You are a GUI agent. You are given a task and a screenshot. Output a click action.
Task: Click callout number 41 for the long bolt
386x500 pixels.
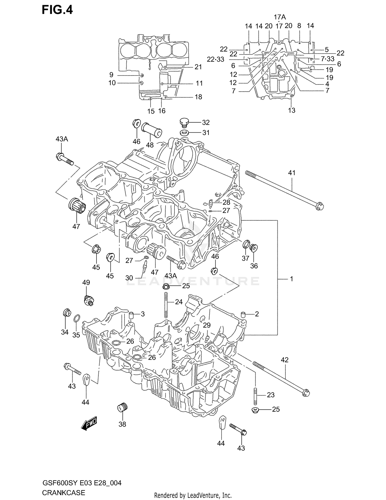[x=292, y=173]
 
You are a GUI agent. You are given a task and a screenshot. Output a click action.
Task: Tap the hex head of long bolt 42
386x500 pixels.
[x=306, y=393]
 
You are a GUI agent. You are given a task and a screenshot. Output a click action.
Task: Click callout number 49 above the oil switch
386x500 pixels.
[x=86, y=282]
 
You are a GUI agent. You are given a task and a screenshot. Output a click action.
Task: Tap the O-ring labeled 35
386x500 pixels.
[x=76, y=318]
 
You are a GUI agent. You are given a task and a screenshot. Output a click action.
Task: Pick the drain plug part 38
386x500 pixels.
[x=122, y=408]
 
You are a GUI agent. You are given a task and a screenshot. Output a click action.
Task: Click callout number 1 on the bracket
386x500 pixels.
[x=291, y=279]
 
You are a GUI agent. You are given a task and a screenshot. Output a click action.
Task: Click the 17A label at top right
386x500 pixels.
[x=280, y=17]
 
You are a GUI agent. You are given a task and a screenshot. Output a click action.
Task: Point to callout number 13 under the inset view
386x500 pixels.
[x=292, y=110]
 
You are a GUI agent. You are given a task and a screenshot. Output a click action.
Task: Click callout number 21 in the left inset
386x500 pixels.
[x=198, y=67]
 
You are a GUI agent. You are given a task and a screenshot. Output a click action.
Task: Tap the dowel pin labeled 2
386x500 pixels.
[x=243, y=314]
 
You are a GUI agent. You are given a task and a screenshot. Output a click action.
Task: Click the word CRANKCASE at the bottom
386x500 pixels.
[x=63, y=493]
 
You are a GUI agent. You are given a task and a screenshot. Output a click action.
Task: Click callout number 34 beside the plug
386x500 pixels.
[x=65, y=332]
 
